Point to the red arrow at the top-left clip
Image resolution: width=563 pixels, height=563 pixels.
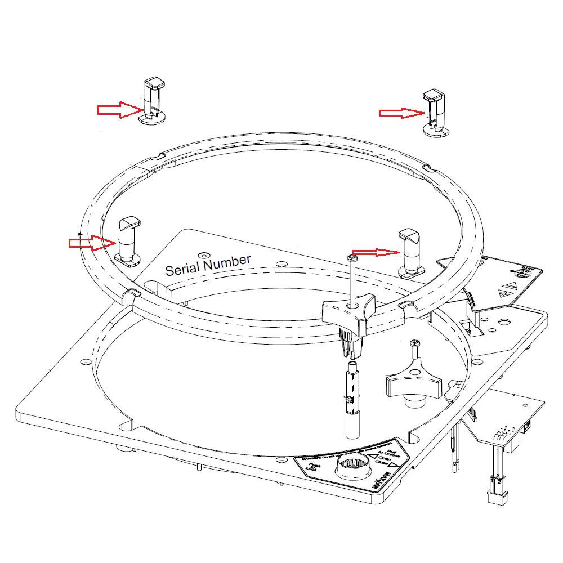pos(119,110)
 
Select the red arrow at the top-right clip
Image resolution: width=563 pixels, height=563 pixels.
pos(401,113)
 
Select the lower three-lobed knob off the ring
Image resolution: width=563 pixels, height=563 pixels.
pos(414,386)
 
